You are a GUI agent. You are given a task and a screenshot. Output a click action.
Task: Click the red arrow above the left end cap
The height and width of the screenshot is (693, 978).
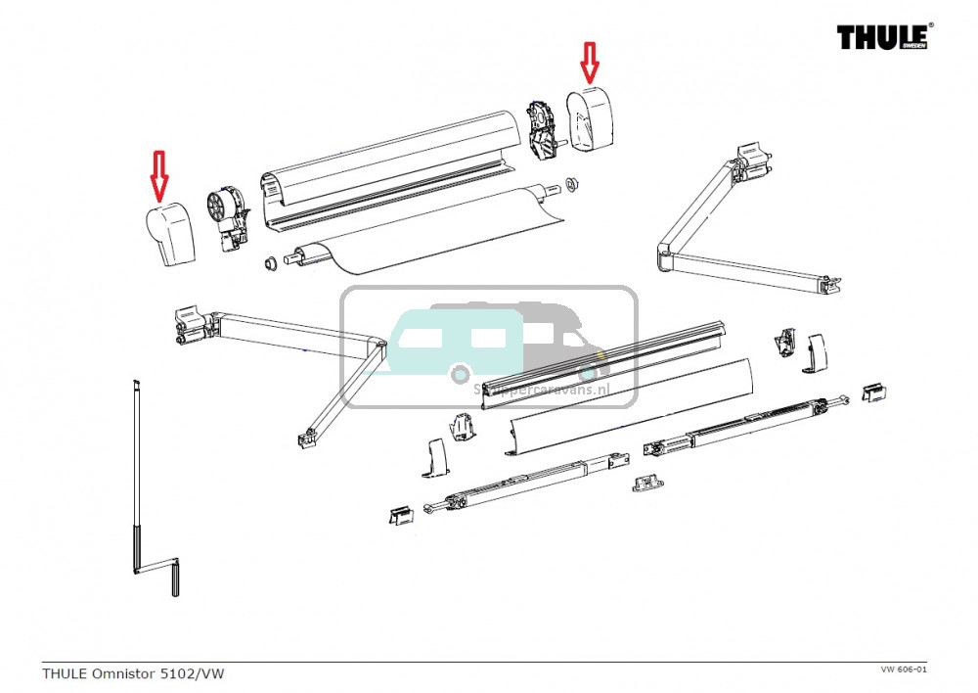pyautogui.click(x=159, y=174)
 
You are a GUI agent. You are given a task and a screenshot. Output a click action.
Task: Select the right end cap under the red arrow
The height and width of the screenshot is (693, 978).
pyautogui.click(x=591, y=121)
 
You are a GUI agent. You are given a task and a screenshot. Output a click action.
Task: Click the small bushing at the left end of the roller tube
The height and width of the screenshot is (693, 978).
pyautogui.click(x=265, y=264)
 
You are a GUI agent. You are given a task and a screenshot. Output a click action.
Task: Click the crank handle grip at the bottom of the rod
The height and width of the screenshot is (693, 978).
pyautogui.click(x=174, y=579)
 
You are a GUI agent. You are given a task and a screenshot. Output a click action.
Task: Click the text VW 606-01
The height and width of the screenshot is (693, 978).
pyautogui.click(x=903, y=669)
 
